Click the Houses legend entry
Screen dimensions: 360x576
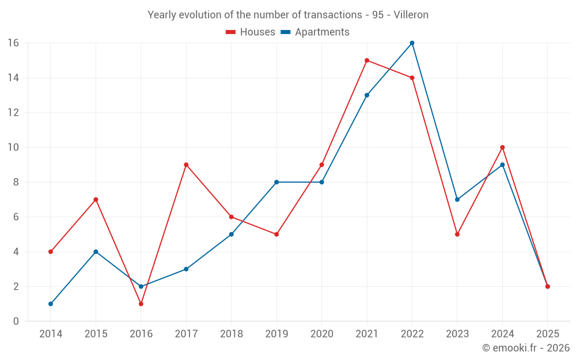pyautogui.click(x=251, y=32)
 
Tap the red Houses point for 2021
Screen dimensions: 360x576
pyautogui.click(x=367, y=60)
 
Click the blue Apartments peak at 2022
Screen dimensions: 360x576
pyautogui.click(x=412, y=43)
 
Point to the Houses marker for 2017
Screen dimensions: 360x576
pyautogui.click(x=186, y=165)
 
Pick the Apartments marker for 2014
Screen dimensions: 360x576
pyautogui.click(x=51, y=304)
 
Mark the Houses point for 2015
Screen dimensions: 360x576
pyautogui.click(x=96, y=199)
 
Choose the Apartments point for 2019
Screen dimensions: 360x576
pyautogui.click(x=276, y=182)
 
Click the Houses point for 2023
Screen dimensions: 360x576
pyautogui.click(x=457, y=234)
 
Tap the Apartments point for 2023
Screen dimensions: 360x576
pyautogui.click(x=457, y=199)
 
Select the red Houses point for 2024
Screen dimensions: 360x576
pyautogui.click(x=502, y=147)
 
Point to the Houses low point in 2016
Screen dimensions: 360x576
pyautogui.click(x=141, y=304)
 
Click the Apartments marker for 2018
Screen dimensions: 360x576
pyautogui.click(x=231, y=234)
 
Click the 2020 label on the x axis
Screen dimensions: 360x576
pyautogui.click(x=321, y=334)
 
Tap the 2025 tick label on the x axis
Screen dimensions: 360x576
pyautogui.click(x=547, y=334)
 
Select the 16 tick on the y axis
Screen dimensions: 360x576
pyautogui.click(x=13, y=43)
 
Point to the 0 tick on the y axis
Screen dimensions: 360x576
pyautogui.click(x=16, y=321)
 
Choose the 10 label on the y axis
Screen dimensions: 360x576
pyautogui.click(x=13, y=147)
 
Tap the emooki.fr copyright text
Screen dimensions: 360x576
pyautogui.click(x=526, y=348)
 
